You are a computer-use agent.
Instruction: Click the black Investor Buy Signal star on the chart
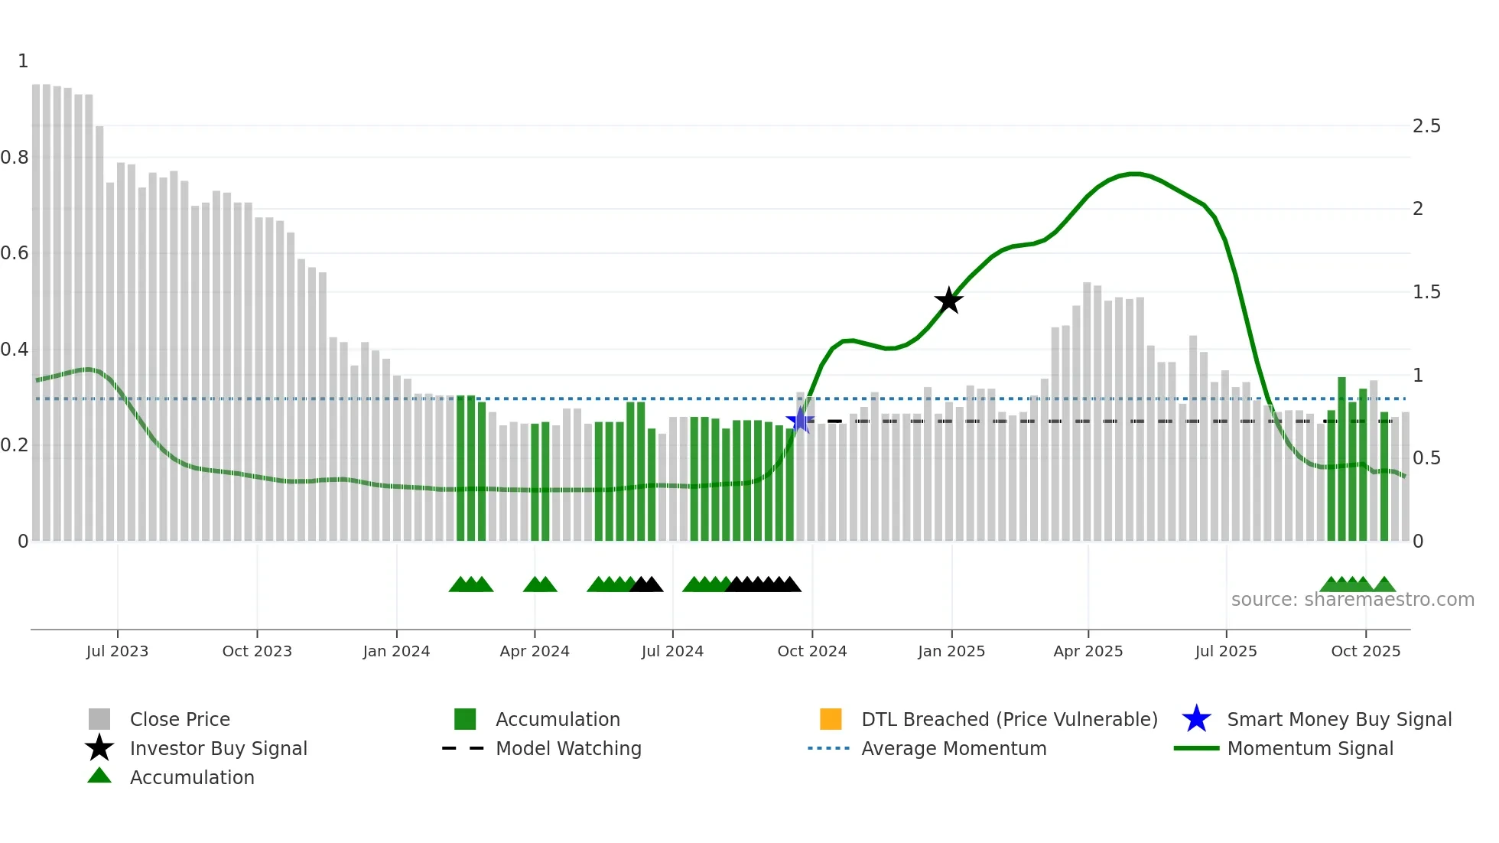pyautogui.click(x=948, y=301)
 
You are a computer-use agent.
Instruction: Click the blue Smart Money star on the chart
pyautogui.click(x=800, y=420)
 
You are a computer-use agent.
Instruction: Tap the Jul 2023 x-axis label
pyautogui.click(x=117, y=651)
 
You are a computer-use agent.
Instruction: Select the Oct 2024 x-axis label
pyautogui.click(x=812, y=651)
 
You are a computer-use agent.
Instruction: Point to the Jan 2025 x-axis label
pyautogui.click(x=951, y=651)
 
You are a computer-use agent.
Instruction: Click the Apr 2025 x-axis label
pyautogui.click(x=1088, y=651)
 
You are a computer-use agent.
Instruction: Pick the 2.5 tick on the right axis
pyautogui.click(x=1426, y=126)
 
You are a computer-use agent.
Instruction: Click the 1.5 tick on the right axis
pyautogui.click(x=1426, y=292)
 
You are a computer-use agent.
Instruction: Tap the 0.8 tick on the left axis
pyautogui.click(x=15, y=158)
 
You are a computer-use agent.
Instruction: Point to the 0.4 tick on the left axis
pyautogui.click(x=15, y=350)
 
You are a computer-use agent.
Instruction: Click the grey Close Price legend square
pyautogui.click(x=99, y=719)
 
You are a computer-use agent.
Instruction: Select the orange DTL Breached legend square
pyautogui.click(x=831, y=719)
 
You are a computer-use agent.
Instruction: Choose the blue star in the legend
pyautogui.click(x=1196, y=719)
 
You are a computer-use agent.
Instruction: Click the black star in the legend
pyautogui.click(x=99, y=748)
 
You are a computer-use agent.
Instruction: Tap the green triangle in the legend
pyautogui.click(x=99, y=776)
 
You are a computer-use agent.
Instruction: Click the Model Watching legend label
pyautogui.click(x=568, y=748)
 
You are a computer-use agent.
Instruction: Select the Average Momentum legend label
pyautogui.click(x=954, y=748)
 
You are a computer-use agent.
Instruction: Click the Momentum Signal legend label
pyautogui.click(x=1310, y=748)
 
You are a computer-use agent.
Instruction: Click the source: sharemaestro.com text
pyautogui.click(x=1352, y=600)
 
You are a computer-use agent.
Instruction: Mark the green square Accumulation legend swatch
pyautogui.click(x=465, y=719)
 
